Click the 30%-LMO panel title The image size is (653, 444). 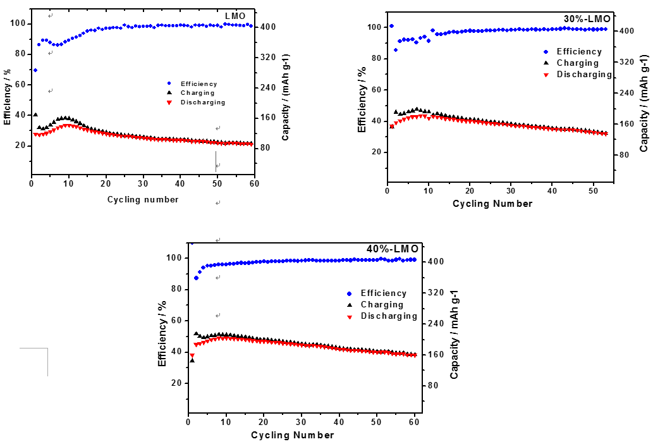tap(587, 19)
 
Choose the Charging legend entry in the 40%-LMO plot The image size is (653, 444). tap(382, 304)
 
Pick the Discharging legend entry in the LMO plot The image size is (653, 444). tap(202, 102)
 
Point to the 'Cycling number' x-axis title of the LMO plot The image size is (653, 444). tap(143, 200)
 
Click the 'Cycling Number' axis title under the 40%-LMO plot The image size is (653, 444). tap(293, 435)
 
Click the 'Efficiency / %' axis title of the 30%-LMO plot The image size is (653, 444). tap(362, 100)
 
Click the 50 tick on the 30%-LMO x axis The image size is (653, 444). tap(593, 191)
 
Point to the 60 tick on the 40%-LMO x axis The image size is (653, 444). tap(415, 422)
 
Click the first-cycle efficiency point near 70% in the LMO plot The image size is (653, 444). tap(35, 70)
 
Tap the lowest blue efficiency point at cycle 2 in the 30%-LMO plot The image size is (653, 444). tap(396, 50)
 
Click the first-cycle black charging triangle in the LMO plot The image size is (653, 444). tap(35, 115)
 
